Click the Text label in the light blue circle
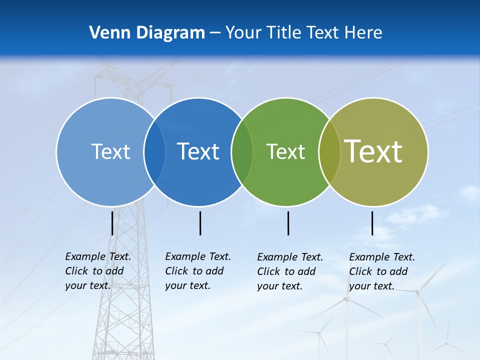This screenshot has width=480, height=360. (x=110, y=151)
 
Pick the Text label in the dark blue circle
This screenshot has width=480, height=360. (x=198, y=151)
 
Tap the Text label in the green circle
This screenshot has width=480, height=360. (x=285, y=151)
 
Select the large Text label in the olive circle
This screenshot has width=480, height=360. (x=373, y=151)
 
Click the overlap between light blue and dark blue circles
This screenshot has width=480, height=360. (x=154, y=151)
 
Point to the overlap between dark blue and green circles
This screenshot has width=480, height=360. (x=242, y=151)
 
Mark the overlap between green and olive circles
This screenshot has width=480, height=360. (x=329, y=151)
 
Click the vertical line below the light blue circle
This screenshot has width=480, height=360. (x=112, y=223)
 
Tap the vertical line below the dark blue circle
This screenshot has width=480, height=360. (x=200, y=223)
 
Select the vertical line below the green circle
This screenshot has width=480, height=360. (x=288, y=223)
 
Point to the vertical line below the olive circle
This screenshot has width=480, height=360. (x=372, y=223)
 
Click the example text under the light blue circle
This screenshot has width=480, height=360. (x=97, y=271)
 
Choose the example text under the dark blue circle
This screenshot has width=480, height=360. (x=197, y=271)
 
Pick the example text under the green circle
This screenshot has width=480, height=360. (x=289, y=271)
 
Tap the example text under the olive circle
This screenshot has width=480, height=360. (x=381, y=271)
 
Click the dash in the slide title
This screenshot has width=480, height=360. (x=215, y=33)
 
